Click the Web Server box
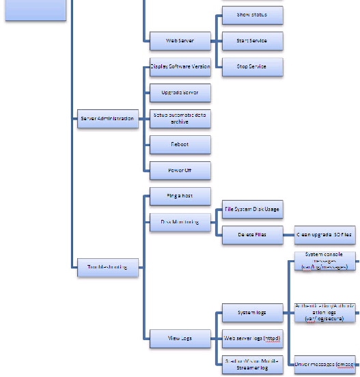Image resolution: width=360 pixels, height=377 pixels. tap(180, 40)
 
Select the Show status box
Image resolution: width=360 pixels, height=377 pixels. tap(251, 14)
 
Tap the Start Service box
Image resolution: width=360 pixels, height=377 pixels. tap(251, 40)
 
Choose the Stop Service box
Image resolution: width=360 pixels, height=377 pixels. tap(251, 67)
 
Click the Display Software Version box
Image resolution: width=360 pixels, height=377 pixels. tap(180, 67)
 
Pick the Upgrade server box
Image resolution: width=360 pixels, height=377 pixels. tap(180, 92)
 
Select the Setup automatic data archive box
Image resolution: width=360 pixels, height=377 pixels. tap(180, 118)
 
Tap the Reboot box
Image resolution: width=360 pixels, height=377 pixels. tap(180, 144)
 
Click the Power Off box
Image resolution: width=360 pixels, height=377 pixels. tap(180, 170)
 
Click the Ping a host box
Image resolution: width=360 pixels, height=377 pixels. tap(180, 196)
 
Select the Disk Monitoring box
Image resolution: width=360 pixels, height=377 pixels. tap(180, 222)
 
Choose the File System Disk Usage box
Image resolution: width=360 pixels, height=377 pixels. tap(252, 209)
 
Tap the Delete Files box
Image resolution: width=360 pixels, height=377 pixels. tap(252, 235)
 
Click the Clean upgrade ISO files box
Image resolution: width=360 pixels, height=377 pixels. tap(324, 235)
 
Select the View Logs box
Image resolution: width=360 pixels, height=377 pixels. tap(180, 338)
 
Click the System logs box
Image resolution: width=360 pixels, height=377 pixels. tap(252, 313)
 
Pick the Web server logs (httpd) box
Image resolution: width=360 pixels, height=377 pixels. tap(252, 338)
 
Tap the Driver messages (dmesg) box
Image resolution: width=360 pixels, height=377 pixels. tap(324, 364)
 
